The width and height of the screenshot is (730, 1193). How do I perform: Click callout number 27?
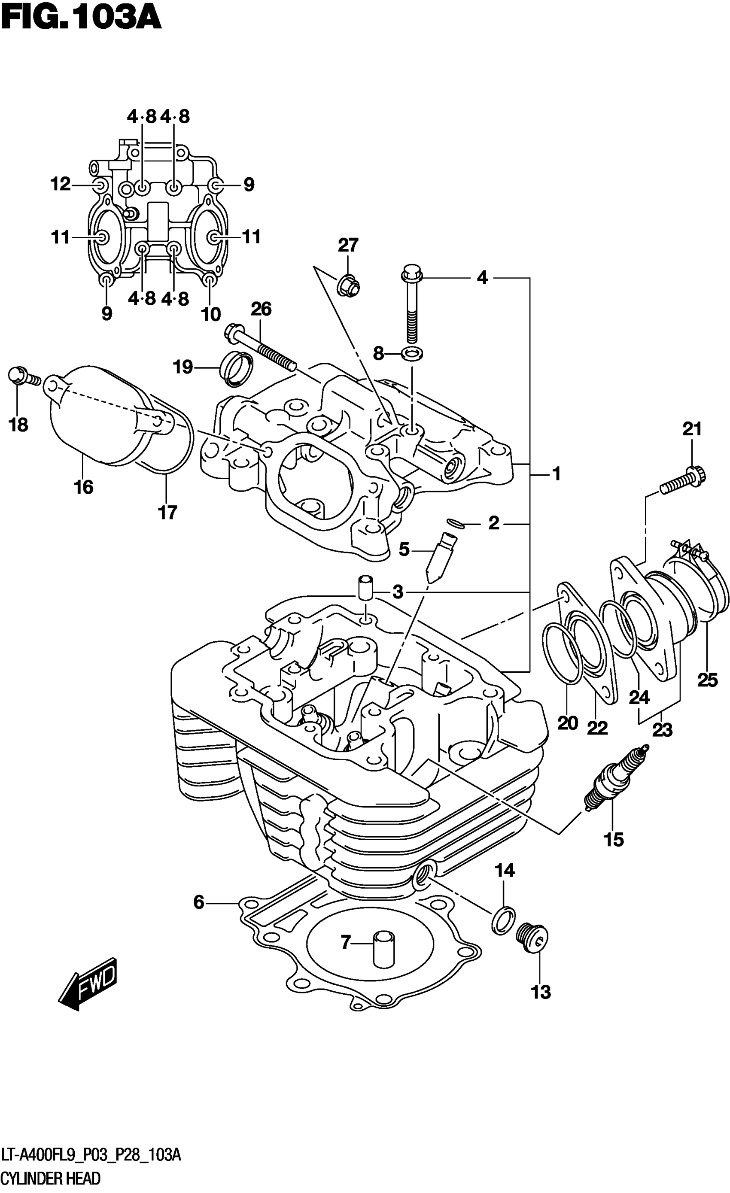click(x=348, y=246)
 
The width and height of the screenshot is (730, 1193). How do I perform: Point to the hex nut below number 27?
click(x=348, y=286)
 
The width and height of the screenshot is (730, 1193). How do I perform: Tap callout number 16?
click(x=83, y=486)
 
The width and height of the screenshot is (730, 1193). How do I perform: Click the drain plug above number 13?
click(x=532, y=937)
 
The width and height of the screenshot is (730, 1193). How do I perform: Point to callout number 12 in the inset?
click(x=61, y=184)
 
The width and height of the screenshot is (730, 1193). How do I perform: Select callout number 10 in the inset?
click(x=211, y=314)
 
